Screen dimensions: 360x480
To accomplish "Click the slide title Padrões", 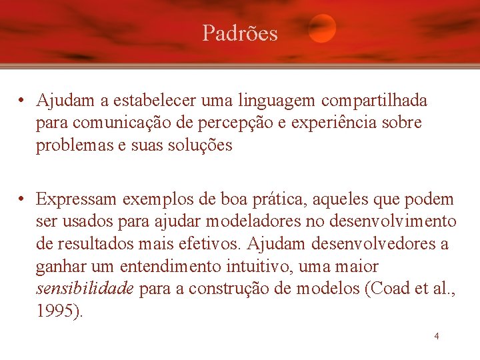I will [240, 33].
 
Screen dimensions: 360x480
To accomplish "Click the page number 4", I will [437, 336].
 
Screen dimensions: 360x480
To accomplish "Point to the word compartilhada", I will [374, 101].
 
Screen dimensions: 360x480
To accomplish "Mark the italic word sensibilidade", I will [85, 289].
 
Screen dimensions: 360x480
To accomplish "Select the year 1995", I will [57, 311].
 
